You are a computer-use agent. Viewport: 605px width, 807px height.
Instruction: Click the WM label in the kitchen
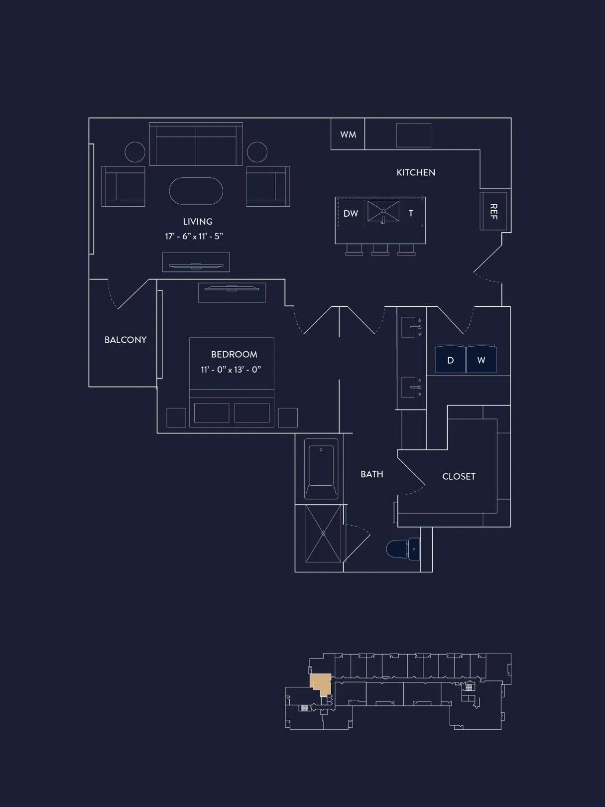tap(348, 134)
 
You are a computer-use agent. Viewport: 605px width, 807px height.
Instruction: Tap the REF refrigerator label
tap(493, 211)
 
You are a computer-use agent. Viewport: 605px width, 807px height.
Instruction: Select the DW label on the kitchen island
tap(351, 214)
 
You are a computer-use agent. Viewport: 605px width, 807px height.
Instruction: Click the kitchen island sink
tap(383, 211)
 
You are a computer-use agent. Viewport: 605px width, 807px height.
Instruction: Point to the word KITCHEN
tap(416, 172)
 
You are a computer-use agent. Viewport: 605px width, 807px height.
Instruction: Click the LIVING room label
tap(198, 222)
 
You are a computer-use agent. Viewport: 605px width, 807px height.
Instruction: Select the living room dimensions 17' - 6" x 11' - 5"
tap(194, 236)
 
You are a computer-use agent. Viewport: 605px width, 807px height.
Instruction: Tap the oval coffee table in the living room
tap(196, 191)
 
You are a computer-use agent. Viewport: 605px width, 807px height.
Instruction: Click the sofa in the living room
tap(196, 145)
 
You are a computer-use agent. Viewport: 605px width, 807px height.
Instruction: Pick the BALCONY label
tap(125, 340)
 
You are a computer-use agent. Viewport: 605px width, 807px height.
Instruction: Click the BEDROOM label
tap(234, 354)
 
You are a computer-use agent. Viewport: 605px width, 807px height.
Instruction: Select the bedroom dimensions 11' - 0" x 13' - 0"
tap(231, 370)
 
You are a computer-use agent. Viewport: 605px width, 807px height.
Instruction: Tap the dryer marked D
tap(450, 360)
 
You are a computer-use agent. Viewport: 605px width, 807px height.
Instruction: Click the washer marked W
tap(481, 360)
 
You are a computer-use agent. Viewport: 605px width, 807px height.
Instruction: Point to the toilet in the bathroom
tap(402, 549)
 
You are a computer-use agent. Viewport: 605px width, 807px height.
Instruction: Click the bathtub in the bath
tap(321, 468)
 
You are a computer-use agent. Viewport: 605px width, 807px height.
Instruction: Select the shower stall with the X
tap(323, 534)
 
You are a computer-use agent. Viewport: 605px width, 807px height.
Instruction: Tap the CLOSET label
tap(459, 476)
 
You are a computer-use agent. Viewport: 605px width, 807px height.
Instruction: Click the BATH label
tap(372, 474)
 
